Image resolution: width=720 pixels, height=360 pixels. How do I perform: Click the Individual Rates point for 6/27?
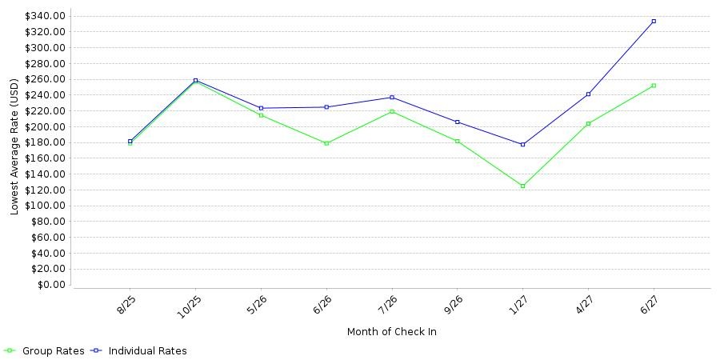click(x=654, y=21)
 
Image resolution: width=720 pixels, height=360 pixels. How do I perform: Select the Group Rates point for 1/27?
click(x=522, y=186)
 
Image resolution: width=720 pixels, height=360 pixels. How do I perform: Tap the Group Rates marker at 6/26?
click(x=326, y=143)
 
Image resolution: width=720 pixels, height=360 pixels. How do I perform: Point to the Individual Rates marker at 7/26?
click(x=392, y=98)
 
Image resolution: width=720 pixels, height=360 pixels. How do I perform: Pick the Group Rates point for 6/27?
click(x=654, y=86)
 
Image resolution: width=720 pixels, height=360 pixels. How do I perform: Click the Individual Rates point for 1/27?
click(x=522, y=145)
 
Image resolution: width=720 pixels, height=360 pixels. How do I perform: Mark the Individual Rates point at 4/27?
click(x=588, y=94)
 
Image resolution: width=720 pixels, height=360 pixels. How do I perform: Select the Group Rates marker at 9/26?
click(x=458, y=141)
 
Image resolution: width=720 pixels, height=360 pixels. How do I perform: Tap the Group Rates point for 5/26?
click(x=261, y=115)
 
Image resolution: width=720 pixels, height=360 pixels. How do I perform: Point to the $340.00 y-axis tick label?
click(x=46, y=16)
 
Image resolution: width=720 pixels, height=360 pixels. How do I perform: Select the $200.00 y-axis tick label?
click(x=46, y=126)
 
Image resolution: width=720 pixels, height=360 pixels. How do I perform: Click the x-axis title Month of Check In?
click(x=392, y=331)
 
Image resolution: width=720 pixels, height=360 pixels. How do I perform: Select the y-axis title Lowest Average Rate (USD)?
click(x=14, y=147)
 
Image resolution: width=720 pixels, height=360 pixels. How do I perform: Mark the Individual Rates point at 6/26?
click(x=326, y=107)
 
